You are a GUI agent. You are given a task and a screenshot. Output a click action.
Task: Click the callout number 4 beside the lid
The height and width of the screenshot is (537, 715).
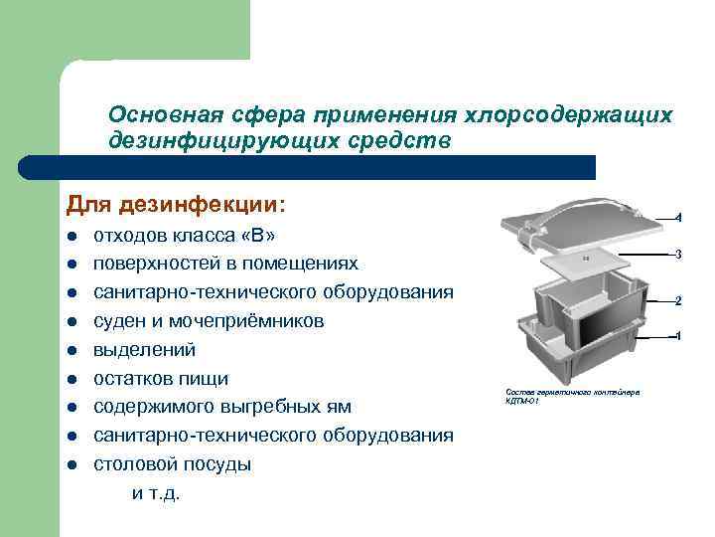[677, 217]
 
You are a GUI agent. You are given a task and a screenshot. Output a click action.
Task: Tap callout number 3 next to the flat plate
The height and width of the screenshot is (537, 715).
[677, 256]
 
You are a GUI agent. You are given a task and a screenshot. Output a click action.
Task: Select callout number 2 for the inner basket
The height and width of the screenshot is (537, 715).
[677, 299]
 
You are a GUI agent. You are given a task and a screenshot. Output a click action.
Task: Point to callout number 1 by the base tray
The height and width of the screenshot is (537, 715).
[677, 336]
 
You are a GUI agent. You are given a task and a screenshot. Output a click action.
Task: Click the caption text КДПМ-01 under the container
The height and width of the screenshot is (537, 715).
[522, 402]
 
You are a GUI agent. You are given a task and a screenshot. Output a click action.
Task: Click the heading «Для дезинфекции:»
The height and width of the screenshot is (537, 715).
[175, 204]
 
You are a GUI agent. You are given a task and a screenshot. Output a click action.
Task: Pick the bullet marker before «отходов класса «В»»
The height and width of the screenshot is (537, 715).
[73, 237]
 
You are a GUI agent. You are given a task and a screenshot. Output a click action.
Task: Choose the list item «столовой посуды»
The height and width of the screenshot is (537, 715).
[172, 464]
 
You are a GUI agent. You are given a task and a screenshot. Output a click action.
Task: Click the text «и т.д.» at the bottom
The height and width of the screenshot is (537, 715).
[156, 492]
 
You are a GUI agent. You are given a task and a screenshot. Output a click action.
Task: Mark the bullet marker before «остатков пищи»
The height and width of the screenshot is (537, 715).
[73, 379]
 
